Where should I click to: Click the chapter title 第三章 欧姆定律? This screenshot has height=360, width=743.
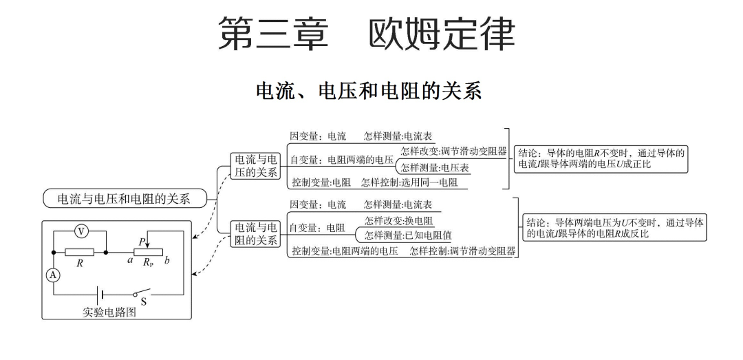(x=366, y=33)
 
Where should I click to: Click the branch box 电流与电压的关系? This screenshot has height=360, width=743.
(x=256, y=165)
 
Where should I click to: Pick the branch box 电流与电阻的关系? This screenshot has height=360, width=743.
(x=256, y=233)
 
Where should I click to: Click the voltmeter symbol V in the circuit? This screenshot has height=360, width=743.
(x=79, y=233)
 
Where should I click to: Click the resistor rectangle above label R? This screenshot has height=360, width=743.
(x=80, y=253)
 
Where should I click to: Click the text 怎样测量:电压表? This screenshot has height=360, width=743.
(x=434, y=167)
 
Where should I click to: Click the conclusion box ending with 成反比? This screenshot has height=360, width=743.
(x=614, y=228)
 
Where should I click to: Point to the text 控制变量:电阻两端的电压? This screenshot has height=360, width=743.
(x=344, y=251)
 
